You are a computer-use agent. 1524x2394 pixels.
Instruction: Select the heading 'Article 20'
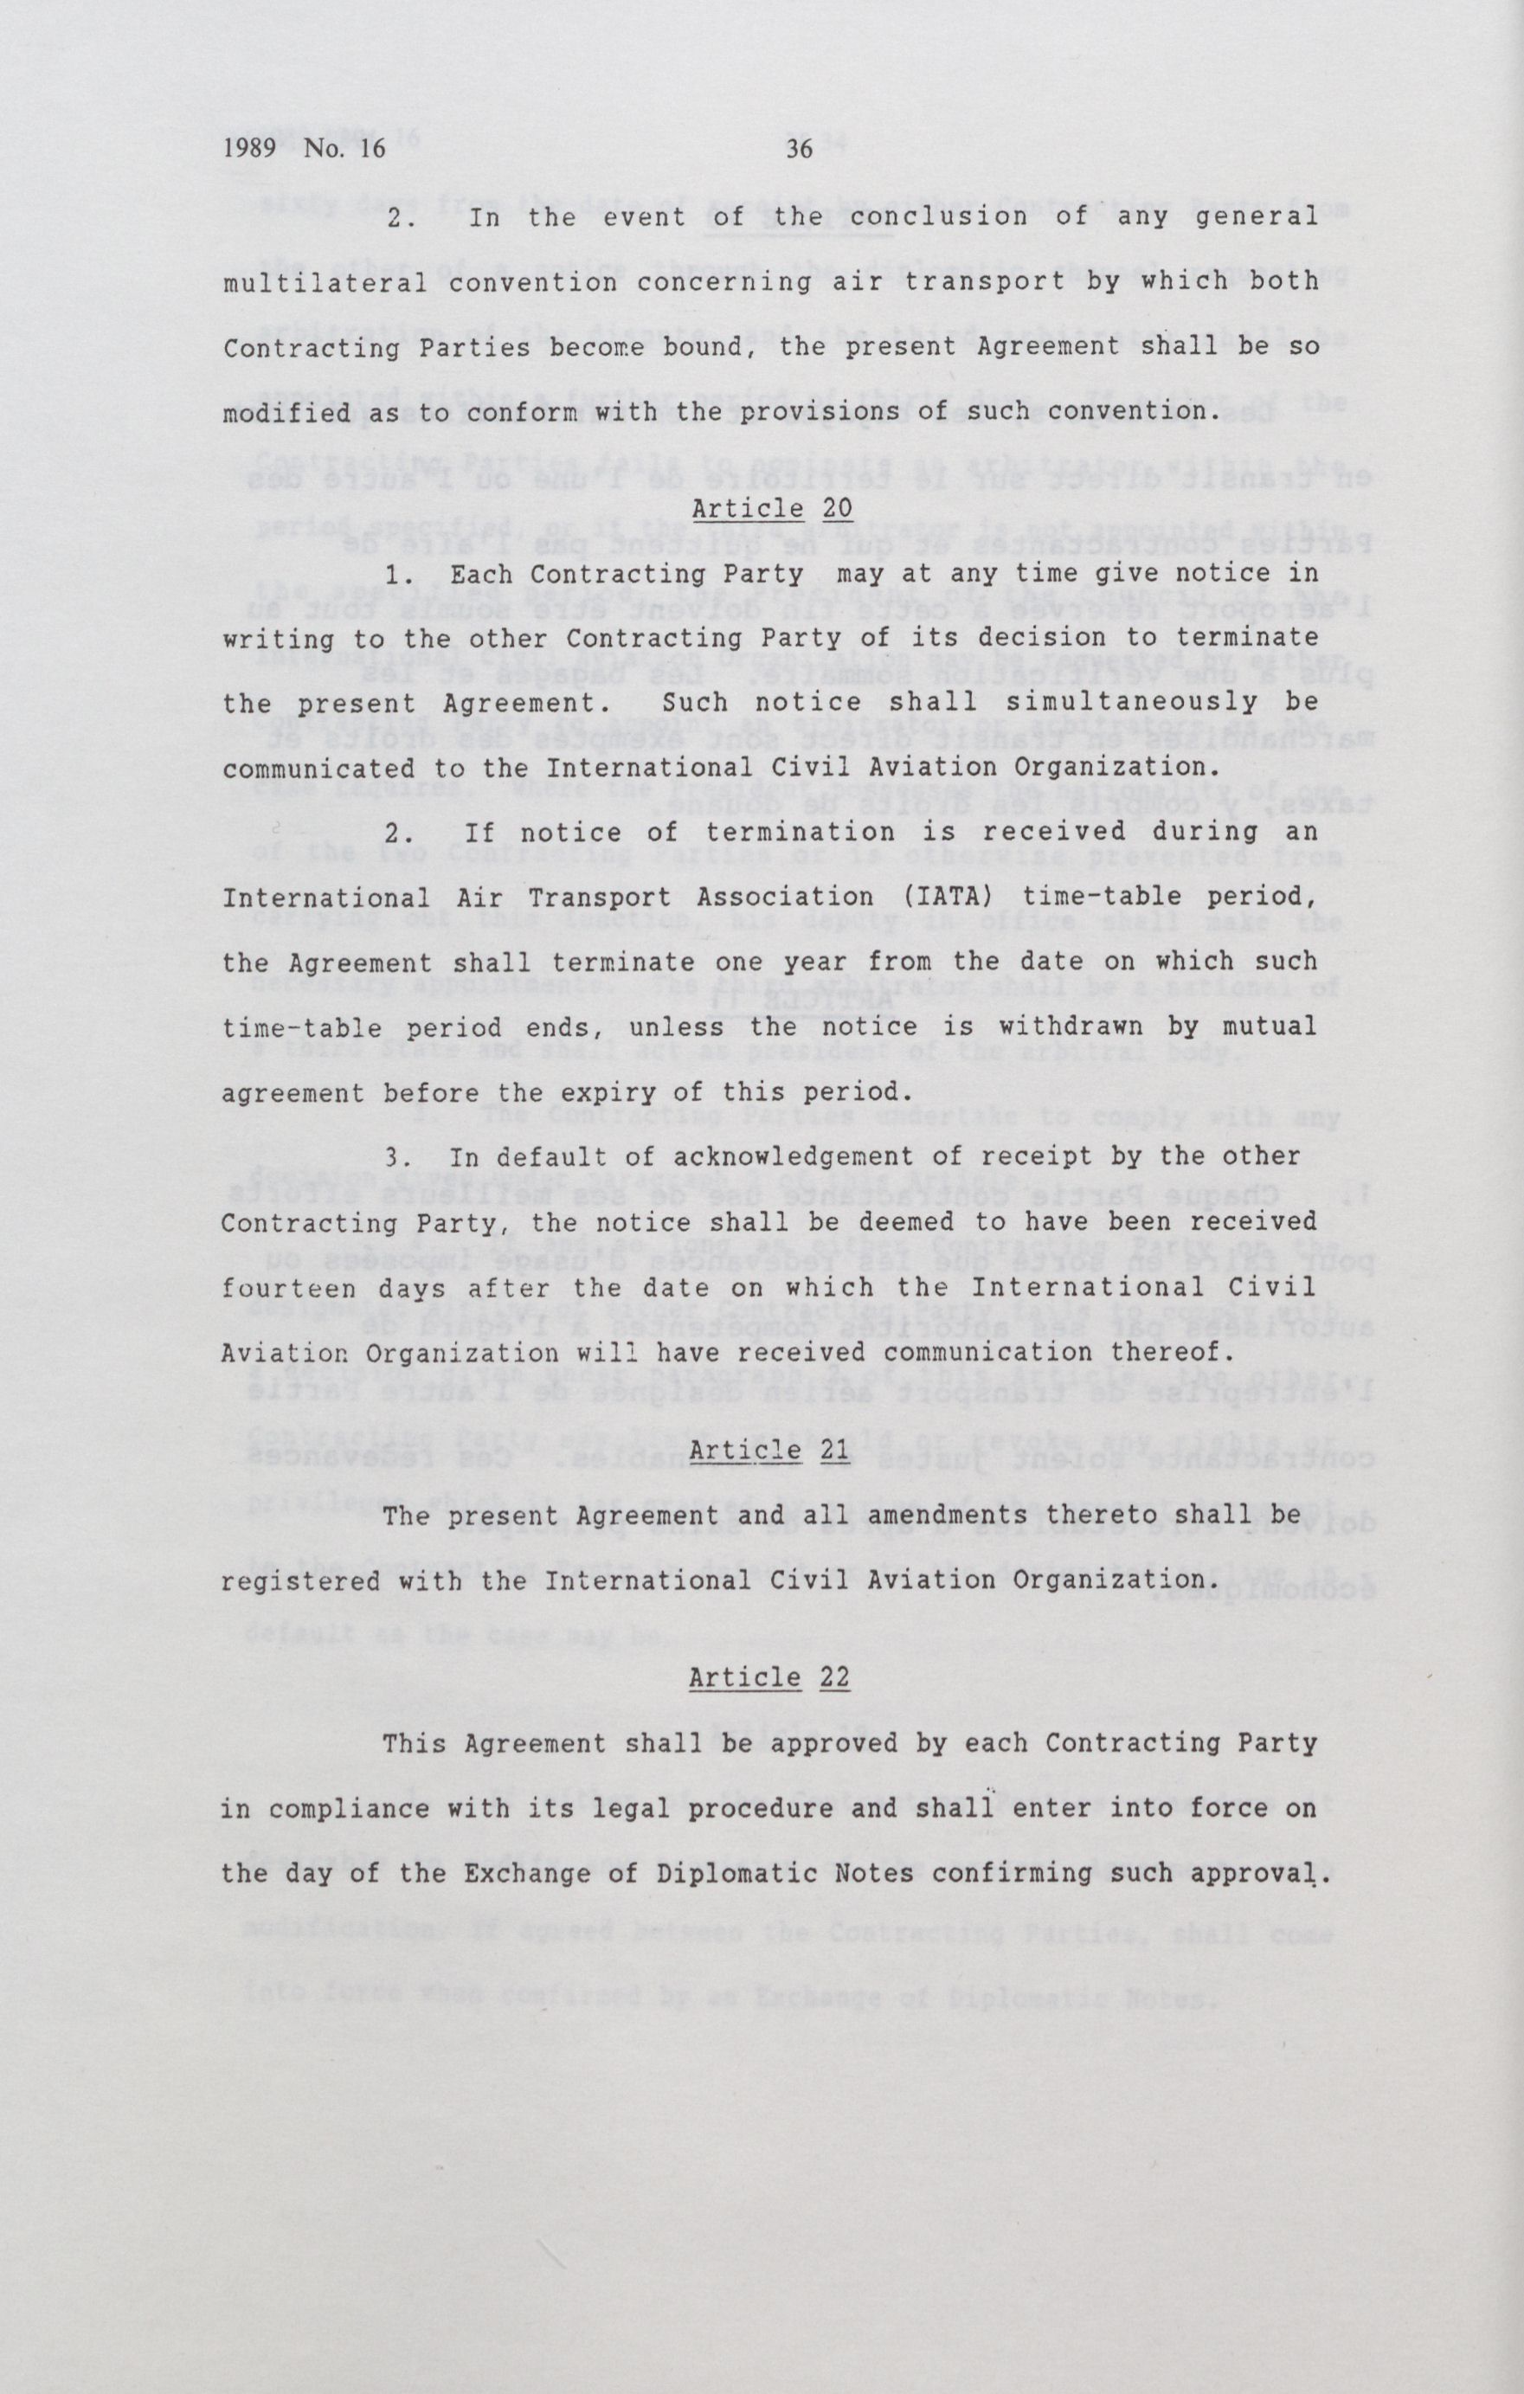[x=771, y=508]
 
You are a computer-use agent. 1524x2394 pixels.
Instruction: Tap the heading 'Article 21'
[x=771, y=1451]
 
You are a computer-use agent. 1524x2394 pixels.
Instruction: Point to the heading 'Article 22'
[x=771, y=1677]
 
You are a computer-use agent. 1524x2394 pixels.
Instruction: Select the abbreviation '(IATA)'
[x=948, y=897]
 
